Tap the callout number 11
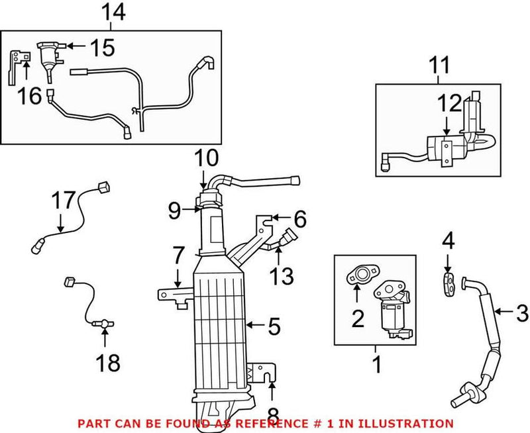[x=439, y=66]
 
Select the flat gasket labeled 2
[x=359, y=275]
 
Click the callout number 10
[x=206, y=159]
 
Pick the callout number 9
[x=174, y=211]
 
